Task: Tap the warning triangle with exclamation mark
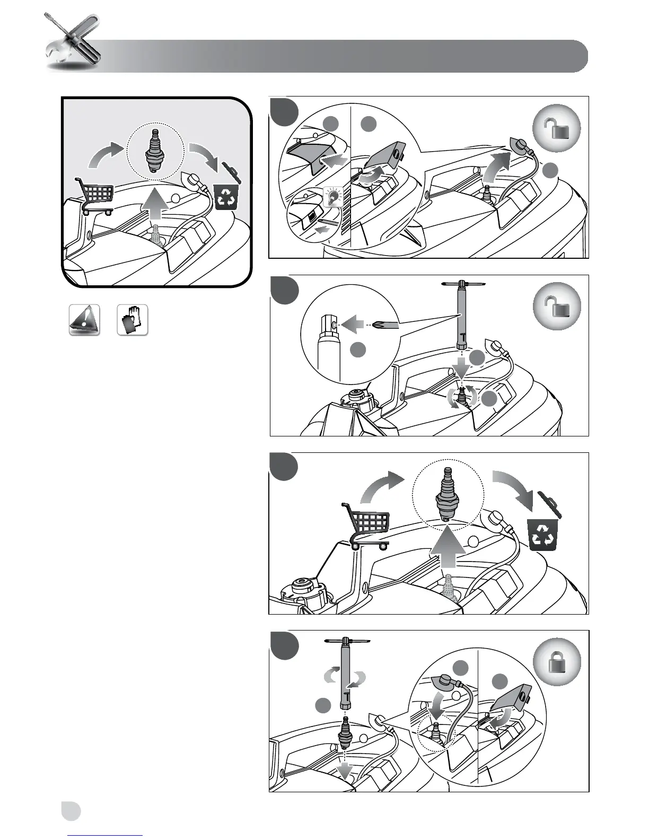coord(84,320)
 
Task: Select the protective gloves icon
coord(132,320)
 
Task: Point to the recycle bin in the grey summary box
coord(226,194)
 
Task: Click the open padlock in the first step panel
coord(556,128)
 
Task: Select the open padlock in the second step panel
coord(556,307)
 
